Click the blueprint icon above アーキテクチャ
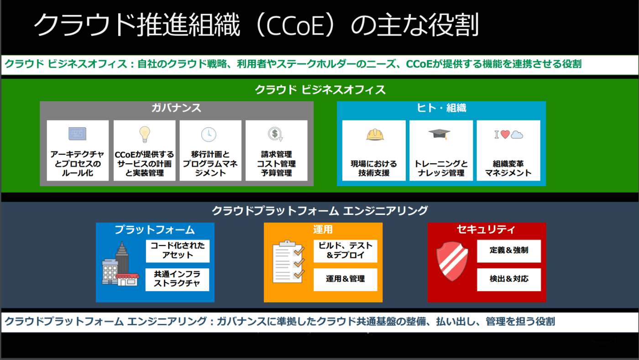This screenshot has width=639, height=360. [x=77, y=134]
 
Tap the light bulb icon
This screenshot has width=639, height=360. [x=145, y=134]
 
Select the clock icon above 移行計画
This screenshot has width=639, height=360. [x=209, y=134]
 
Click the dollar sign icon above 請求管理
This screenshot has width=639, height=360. [x=275, y=134]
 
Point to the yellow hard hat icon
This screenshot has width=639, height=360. [x=375, y=135]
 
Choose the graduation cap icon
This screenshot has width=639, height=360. [x=439, y=134]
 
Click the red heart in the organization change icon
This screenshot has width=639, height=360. [x=505, y=134]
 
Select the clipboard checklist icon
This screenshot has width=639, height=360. [x=288, y=262]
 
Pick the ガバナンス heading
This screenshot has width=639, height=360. [x=176, y=108]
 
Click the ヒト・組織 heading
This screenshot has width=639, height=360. [x=441, y=108]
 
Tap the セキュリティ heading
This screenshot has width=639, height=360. [x=486, y=230]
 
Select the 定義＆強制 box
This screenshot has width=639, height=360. [x=509, y=251]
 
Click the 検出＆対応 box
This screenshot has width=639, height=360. [x=509, y=280]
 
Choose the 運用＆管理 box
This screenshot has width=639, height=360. [x=345, y=280]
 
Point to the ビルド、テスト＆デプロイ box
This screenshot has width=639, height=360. [x=345, y=251]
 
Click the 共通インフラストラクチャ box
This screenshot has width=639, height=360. [x=177, y=280]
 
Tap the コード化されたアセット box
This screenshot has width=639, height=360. [x=178, y=251]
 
